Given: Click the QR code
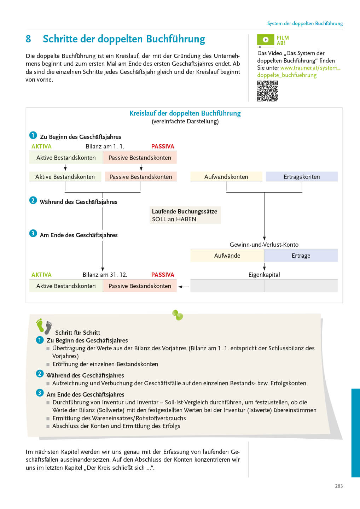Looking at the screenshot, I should point(267,91).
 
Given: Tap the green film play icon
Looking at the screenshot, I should point(266,40).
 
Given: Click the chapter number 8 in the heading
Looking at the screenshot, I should point(28,39).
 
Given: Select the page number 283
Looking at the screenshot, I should point(339,486).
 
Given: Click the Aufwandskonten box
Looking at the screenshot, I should point(226,177).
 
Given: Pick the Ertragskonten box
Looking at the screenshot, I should point(302,177).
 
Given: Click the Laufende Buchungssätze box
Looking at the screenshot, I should point(185,215).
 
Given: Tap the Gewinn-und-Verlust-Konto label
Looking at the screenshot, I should point(264,245).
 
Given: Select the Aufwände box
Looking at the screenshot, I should point(227,256).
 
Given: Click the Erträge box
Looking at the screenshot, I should point(301,256).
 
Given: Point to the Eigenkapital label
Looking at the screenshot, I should point(264,275).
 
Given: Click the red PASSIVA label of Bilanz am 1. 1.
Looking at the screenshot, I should point(163,146).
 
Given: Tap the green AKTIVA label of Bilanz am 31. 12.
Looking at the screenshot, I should point(41,275).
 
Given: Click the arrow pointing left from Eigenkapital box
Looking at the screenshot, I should point(184,287).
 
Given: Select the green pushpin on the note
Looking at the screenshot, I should point(178,315).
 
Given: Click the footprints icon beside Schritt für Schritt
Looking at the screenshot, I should point(44,326).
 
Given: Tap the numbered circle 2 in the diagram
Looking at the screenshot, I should point(33,200).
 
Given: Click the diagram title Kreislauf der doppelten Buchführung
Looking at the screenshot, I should point(185,113).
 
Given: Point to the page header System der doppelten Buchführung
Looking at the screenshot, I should point(305,23).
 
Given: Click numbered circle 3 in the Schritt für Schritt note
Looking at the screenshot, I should point(40,393).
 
